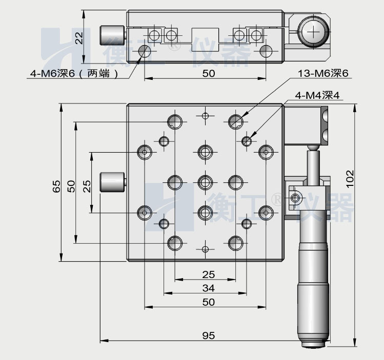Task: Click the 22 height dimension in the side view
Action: coord(78,37)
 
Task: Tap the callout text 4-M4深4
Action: coord(317,95)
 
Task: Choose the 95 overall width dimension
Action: coord(208,336)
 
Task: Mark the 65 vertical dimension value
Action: coord(56,185)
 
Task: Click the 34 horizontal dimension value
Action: coord(208,288)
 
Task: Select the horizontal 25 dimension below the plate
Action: coord(208,274)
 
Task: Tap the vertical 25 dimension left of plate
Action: coord(87,185)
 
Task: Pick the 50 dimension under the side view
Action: coord(208,73)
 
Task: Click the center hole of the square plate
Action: coord(205,182)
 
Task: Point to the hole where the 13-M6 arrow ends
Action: coord(235,121)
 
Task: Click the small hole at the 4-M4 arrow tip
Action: coord(247,140)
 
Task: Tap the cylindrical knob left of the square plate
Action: coord(112,182)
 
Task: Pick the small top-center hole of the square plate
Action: coord(206,115)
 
